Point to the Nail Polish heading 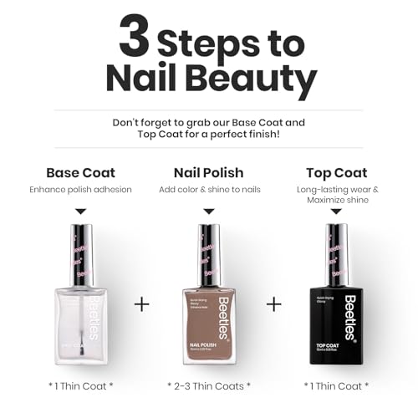click(208, 173)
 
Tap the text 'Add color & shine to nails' click(208, 190)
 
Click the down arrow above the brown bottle click(209, 212)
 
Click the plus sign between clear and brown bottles click(142, 303)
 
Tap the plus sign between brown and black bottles click(273, 303)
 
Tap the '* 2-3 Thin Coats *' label click(208, 385)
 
